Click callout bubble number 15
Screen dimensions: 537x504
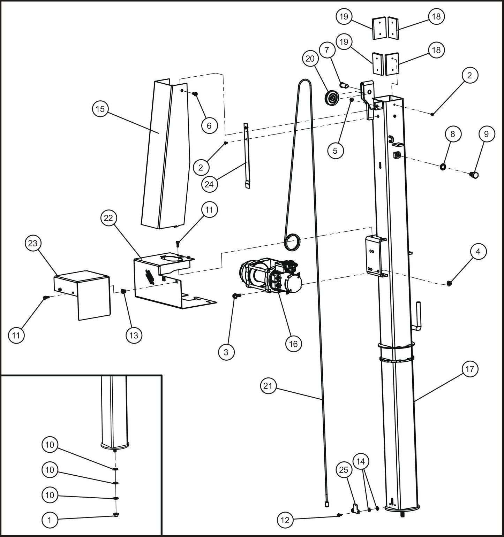point(100,109)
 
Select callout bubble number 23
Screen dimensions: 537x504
point(32,243)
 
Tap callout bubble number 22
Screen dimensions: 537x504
point(108,218)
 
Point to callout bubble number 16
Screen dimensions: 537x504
point(293,344)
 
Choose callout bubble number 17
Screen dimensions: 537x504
point(470,369)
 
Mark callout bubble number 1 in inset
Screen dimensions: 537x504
point(50,520)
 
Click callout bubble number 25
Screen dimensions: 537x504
point(344,470)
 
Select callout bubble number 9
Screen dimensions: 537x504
point(486,134)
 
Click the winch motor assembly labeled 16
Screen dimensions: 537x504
point(270,277)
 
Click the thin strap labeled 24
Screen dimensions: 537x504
point(247,157)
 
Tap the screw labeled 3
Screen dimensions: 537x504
point(235,296)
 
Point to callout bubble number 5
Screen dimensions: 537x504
point(335,151)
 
